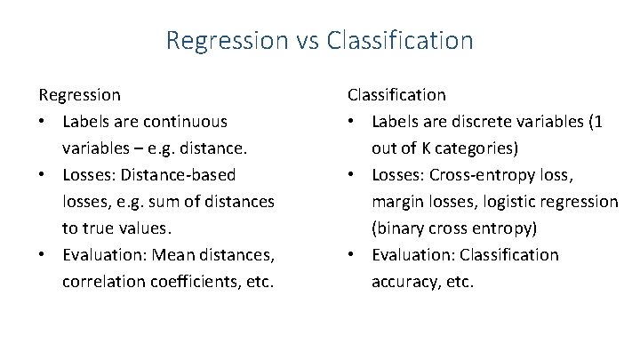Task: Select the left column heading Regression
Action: coord(79,94)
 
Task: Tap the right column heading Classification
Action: coord(396,94)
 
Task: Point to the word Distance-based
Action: coord(184,175)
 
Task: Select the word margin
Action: coord(397,202)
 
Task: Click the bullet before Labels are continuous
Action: coord(42,122)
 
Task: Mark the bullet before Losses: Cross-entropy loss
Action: coord(353,175)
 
